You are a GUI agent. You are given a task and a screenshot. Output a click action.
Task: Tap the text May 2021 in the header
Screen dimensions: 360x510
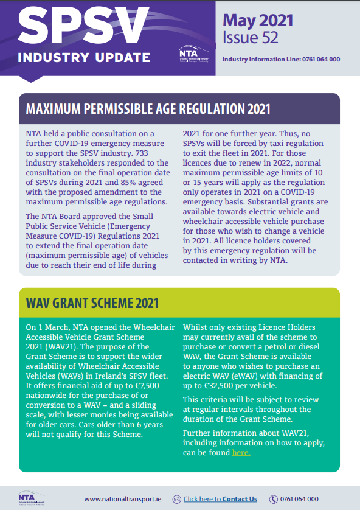pos(258,19)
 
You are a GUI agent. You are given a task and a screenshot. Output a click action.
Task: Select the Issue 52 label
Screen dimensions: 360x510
pos(250,38)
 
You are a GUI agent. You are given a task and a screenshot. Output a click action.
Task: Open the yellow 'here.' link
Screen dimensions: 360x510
pos(241,452)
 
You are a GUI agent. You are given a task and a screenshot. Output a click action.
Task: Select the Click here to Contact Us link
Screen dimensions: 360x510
pos(220,499)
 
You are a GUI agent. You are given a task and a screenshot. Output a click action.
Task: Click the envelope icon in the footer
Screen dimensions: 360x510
pos(176,499)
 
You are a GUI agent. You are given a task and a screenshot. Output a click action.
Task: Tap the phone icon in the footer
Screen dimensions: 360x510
pos(274,499)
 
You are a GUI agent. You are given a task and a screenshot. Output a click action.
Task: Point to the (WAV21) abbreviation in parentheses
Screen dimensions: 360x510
pos(60,346)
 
